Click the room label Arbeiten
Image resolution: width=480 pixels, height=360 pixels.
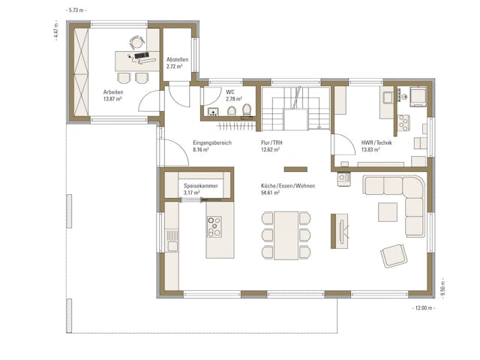pyautogui.click(x=113, y=91)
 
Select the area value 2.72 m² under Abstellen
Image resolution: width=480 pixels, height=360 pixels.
pyautogui.click(x=177, y=66)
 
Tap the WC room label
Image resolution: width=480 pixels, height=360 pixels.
pyautogui.click(x=229, y=91)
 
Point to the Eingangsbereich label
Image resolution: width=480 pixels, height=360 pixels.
pyautogui.click(x=211, y=142)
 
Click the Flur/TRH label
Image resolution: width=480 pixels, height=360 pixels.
pyautogui.click(x=271, y=142)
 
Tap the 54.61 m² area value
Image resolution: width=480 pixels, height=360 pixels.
pyautogui.click(x=271, y=193)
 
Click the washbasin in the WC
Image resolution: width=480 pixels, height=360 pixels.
pyautogui.click(x=213, y=112)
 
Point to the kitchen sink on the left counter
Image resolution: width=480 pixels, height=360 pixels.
pyautogui.click(x=172, y=244)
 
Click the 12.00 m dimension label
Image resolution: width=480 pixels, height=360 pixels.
pyautogui.click(x=424, y=308)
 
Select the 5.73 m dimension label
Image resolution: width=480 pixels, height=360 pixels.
pyautogui.click(x=76, y=10)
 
